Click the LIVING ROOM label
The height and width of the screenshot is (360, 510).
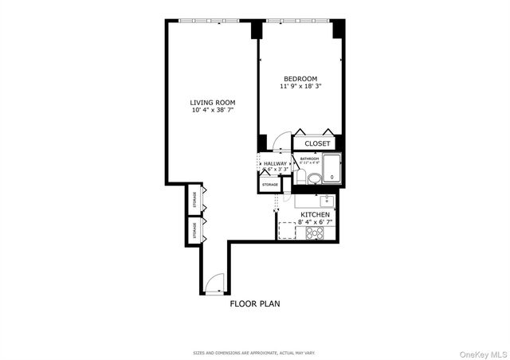212,102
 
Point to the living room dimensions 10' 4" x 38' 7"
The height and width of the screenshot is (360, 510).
212,110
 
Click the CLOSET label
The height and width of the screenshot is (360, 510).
316,143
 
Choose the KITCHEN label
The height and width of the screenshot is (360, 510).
316,215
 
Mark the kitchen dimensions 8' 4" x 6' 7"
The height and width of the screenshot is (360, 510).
316,223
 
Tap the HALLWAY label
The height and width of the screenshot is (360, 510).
275,163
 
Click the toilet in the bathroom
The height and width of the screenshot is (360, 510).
312,178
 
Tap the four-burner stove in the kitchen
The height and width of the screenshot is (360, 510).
315,233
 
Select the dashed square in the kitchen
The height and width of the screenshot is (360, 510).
286,230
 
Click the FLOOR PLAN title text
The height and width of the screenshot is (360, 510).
254,303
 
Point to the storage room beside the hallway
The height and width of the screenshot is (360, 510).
270,185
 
